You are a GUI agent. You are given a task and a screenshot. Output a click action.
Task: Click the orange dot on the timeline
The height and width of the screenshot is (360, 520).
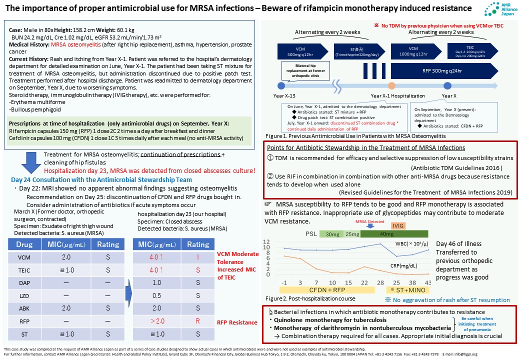pos(392,85)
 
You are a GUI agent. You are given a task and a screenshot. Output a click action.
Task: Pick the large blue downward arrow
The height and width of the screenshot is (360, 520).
pos(24,165)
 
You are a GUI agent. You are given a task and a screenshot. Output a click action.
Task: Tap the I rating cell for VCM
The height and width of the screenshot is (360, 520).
pos(198,257)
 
